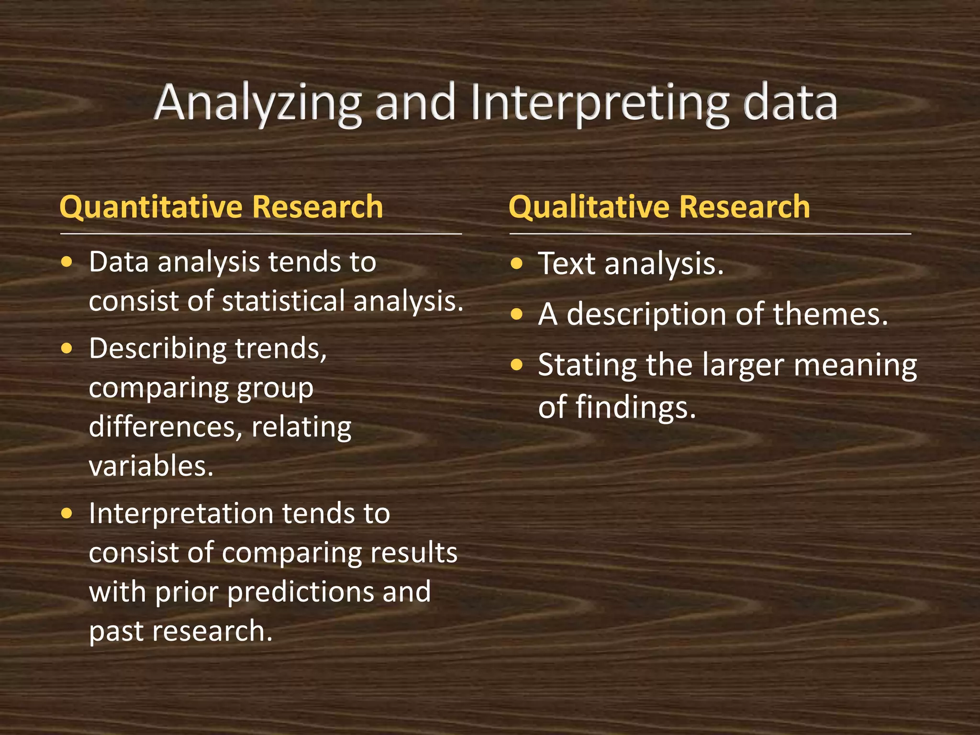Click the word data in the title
point(790,103)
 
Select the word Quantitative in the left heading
point(151,207)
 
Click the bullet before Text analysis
point(516,264)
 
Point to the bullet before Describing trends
point(67,348)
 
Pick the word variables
point(151,466)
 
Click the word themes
point(830,315)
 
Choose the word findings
point(635,408)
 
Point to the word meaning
point(856,366)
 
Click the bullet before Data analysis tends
point(67,262)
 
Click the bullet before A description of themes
point(516,315)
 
